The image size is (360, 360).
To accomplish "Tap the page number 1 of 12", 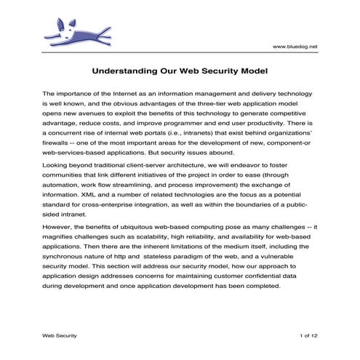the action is (308, 335).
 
